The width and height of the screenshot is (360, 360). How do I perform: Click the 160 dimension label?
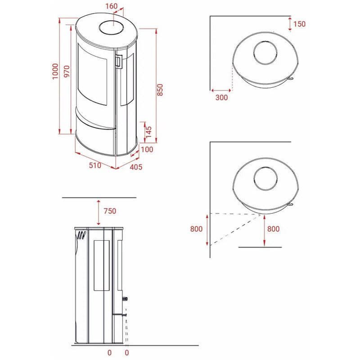point(111,6)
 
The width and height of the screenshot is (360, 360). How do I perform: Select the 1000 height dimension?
point(55,72)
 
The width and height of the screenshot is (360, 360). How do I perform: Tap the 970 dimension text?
point(67,71)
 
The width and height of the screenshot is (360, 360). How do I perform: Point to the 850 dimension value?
point(160,90)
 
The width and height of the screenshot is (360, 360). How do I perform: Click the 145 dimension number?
point(148,132)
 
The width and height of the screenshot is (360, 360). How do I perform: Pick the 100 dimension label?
point(147,149)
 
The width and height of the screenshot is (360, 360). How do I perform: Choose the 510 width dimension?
point(95,165)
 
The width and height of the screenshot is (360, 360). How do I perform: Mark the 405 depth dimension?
point(136,167)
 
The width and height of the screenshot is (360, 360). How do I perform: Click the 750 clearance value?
point(110,211)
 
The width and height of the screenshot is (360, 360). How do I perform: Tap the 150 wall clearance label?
point(299,24)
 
